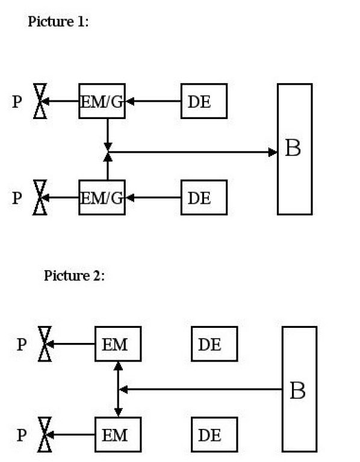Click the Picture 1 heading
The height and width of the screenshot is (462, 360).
pyautogui.click(x=58, y=22)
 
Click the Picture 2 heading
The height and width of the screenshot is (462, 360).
pyautogui.click(x=74, y=276)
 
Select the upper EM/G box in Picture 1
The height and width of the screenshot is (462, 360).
pyautogui.click(x=102, y=101)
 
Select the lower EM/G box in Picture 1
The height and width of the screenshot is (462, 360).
pyautogui.click(x=102, y=197)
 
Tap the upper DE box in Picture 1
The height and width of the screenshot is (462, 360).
pyautogui.click(x=204, y=101)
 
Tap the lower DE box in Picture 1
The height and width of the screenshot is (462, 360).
pyautogui.click(x=204, y=197)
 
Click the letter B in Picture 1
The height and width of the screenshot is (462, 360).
pyautogui.click(x=293, y=148)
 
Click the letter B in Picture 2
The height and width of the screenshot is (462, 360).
pyautogui.click(x=298, y=390)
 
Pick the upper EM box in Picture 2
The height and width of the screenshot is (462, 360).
pyautogui.click(x=118, y=344)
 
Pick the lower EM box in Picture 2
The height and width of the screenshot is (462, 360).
pyautogui.click(x=118, y=434)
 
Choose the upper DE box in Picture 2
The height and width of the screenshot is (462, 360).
pyautogui.click(x=214, y=344)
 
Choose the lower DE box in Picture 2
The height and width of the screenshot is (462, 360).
pyautogui.click(x=214, y=434)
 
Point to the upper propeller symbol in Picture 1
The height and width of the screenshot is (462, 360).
pyautogui.click(x=40, y=101)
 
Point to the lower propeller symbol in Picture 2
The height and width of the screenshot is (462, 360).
pyautogui.click(x=45, y=434)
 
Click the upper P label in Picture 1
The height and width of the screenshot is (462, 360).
pyautogui.click(x=17, y=101)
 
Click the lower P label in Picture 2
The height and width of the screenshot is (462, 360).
pyautogui.click(x=22, y=435)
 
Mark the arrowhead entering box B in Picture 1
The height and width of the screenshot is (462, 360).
pyautogui.click(x=273, y=152)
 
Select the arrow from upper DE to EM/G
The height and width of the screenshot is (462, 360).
pyautogui.click(x=154, y=101)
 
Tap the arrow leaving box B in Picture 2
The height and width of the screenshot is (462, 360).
pyautogui.click(x=200, y=390)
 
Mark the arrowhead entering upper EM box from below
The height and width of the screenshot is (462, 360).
pyautogui.click(x=118, y=366)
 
